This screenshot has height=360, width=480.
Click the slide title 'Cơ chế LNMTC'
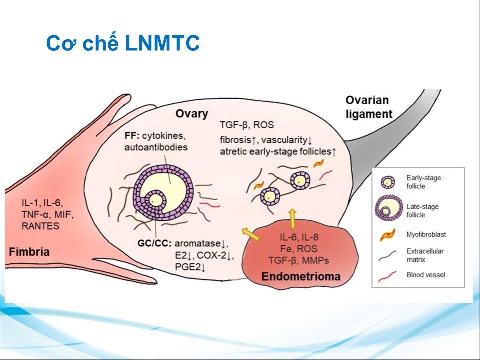pos(123,44)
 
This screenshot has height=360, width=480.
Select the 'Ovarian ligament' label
pos(368,107)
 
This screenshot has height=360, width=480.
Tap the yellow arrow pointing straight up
pos(293,218)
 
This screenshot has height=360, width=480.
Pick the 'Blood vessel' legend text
pos(426,274)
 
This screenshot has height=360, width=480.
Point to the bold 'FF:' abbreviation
pos(132,136)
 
